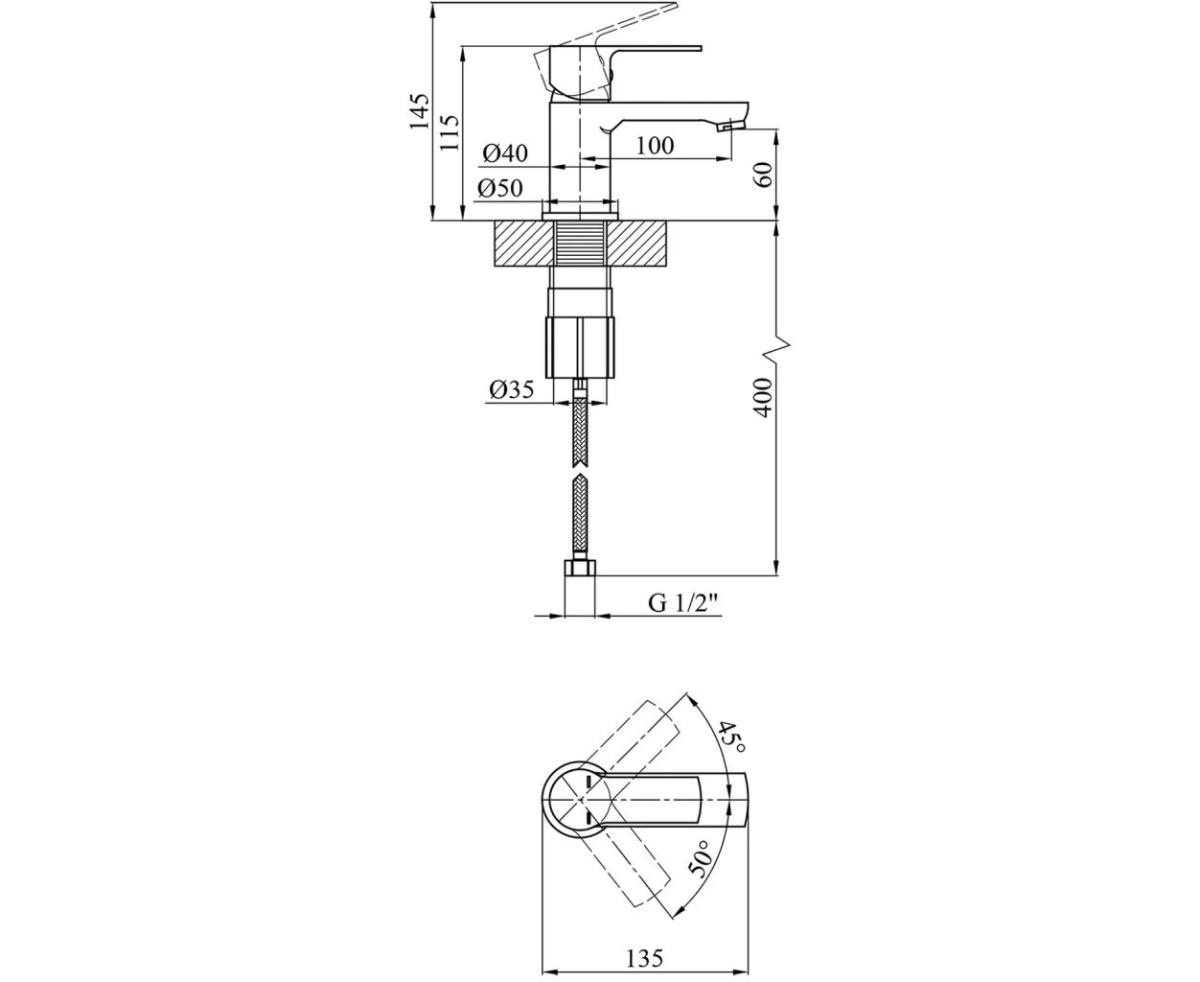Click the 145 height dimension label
pyautogui.click(x=420, y=110)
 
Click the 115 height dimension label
pyautogui.click(x=450, y=132)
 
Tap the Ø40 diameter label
pyautogui.click(x=505, y=153)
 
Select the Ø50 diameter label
pyautogui.click(x=500, y=188)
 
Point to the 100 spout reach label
pyautogui.click(x=655, y=146)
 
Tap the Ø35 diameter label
pyautogui.click(x=512, y=389)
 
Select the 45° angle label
pyautogui.click(x=730, y=736)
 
